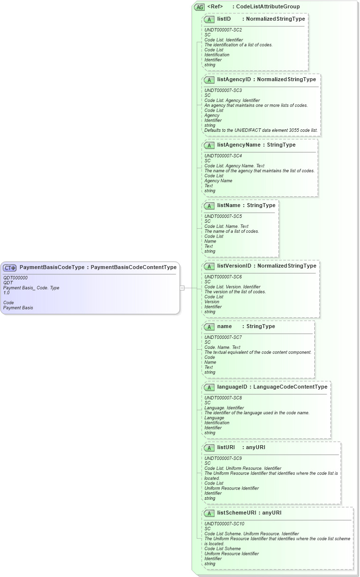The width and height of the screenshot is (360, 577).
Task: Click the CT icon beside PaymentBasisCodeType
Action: tap(10, 268)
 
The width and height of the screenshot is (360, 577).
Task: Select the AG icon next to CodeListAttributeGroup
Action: tap(200, 7)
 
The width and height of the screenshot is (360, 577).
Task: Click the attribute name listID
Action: tap(224, 19)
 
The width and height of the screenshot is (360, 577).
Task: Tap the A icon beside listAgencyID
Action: tap(209, 80)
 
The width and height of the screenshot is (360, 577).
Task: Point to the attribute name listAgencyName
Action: tap(239, 145)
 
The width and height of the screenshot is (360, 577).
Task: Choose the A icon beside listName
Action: tap(209, 206)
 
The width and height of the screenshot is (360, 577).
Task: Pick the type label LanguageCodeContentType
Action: tap(290, 387)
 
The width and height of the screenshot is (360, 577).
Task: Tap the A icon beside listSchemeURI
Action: tap(209, 513)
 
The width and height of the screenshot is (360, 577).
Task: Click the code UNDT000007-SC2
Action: tap(223, 30)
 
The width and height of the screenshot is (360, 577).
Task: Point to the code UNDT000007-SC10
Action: tap(224, 524)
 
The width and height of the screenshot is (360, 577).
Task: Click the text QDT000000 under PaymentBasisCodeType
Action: tap(15, 278)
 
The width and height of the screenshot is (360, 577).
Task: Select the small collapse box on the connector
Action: tap(182, 288)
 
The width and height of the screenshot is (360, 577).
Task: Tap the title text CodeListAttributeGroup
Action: tap(268, 6)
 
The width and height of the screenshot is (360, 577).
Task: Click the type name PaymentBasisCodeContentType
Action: tap(133, 268)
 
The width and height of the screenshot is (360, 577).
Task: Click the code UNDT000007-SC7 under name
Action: tap(223, 337)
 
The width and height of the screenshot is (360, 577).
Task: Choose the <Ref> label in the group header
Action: tap(215, 6)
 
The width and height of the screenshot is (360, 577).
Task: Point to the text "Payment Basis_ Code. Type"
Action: tap(31, 288)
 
